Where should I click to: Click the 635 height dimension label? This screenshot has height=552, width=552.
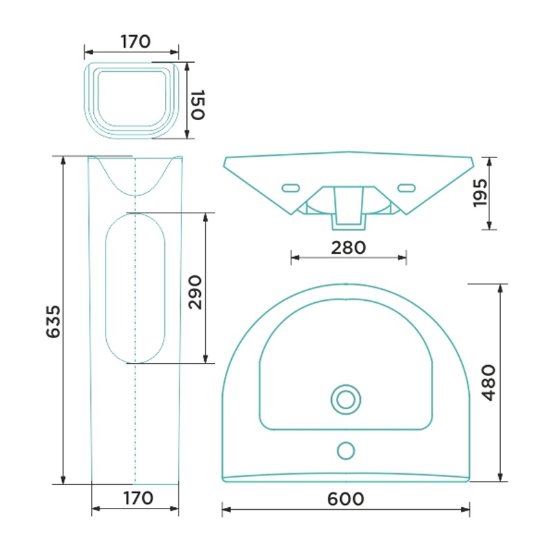tap(54, 322)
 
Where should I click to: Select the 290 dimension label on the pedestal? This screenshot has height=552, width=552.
tap(195, 293)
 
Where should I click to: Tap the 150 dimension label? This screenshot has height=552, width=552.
tap(197, 105)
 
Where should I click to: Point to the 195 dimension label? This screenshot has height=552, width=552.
tap(480, 193)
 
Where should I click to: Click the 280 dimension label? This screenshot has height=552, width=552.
tap(348, 248)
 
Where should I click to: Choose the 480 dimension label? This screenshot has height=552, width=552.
tap(489, 383)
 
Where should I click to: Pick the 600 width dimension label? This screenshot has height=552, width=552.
tap(346, 499)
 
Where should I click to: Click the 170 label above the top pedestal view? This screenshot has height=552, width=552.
tap(135, 41)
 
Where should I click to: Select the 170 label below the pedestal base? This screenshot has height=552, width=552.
tap(138, 498)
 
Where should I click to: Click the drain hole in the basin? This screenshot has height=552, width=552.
tap(346, 400)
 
